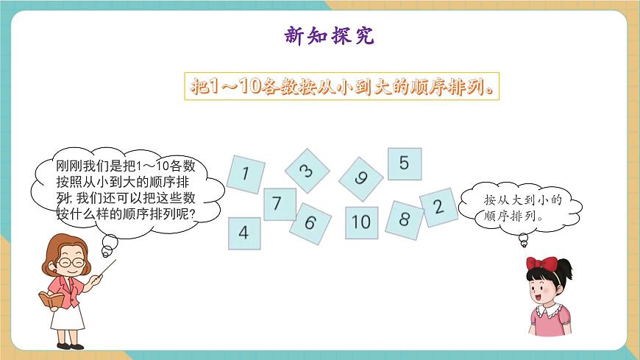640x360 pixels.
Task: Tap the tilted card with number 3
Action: (x=307, y=171)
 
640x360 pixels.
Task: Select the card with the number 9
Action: (x=361, y=178)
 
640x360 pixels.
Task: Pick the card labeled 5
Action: (x=404, y=164)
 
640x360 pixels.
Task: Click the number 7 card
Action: (x=280, y=203)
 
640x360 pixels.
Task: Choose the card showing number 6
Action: (x=310, y=222)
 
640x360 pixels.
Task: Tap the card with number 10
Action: (x=361, y=222)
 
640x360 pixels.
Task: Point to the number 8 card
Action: (x=405, y=219)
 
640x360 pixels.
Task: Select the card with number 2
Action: (x=439, y=206)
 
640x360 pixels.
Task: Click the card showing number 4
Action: (x=243, y=233)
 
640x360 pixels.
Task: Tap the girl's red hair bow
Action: (x=542, y=264)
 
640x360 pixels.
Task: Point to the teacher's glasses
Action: (x=68, y=261)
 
